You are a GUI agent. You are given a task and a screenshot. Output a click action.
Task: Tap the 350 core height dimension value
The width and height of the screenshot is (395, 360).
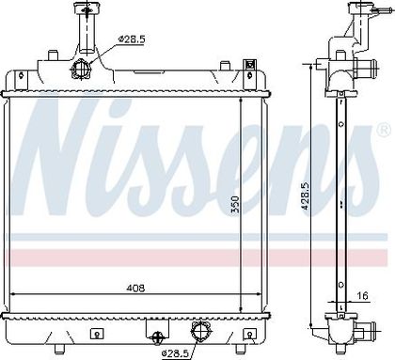[235, 204]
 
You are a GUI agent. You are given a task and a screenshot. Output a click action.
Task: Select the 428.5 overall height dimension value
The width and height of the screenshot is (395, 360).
[306, 196]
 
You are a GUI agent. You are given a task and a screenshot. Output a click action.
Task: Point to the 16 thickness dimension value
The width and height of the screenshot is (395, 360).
[362, 295]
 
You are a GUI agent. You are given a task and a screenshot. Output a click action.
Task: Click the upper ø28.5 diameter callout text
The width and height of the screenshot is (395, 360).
[132, 39]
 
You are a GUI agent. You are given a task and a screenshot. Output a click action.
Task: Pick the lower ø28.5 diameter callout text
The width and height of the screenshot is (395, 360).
[175, 353]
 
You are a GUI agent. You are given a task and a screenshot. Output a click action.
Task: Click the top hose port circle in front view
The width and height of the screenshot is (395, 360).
[81, 68]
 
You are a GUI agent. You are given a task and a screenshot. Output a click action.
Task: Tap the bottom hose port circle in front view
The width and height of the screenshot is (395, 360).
[200, 330]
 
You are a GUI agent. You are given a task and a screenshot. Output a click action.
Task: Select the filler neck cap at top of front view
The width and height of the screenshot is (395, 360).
[87, 8]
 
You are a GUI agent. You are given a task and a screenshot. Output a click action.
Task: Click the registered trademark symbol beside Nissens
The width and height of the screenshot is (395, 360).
[384, 131]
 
